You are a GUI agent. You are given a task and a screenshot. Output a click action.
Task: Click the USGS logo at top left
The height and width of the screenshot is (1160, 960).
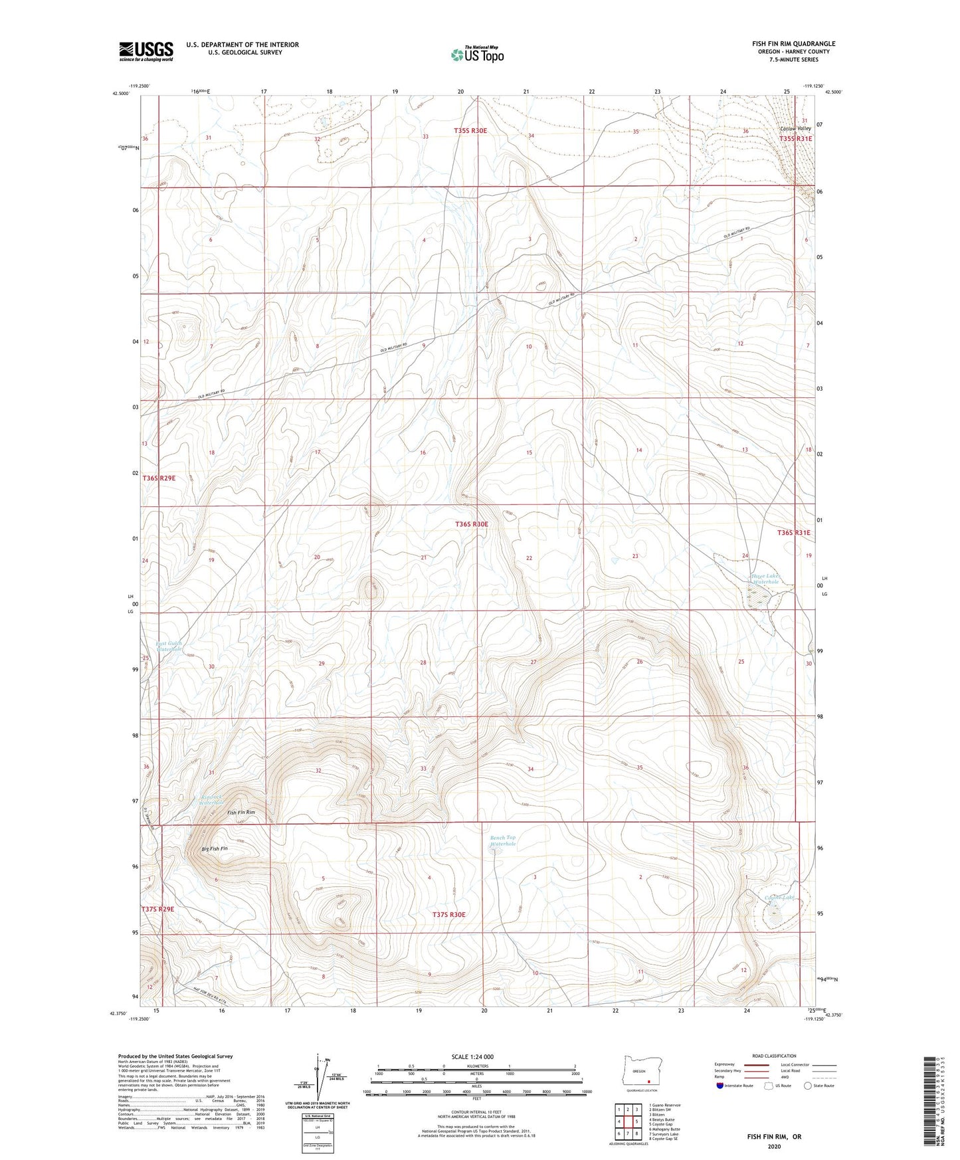pos(146,51)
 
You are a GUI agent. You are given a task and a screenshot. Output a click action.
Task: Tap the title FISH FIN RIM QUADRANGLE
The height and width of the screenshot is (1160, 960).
pos(789,44)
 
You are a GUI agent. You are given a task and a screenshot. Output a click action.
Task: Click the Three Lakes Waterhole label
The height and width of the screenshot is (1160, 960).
pos(765,579)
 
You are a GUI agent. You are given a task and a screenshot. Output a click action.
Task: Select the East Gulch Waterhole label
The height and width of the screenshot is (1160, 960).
pos(169,646)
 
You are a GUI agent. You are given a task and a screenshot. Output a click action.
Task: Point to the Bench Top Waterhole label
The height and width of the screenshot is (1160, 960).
pos(503,840)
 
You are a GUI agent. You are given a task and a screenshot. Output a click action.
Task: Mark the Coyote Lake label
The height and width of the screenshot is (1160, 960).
pos(779,898)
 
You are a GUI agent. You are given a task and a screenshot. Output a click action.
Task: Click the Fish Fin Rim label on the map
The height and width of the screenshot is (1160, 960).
pos(241,813)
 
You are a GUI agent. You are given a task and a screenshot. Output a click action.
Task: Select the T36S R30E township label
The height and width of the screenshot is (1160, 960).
pos(472,524)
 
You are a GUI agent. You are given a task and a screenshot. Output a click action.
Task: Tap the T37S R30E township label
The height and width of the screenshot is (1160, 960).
pos(449,915)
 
